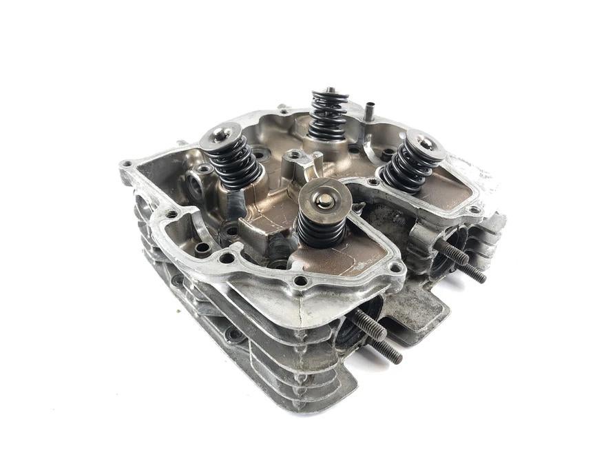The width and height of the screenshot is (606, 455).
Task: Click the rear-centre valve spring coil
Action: pyautogui.click(x=328, y=117)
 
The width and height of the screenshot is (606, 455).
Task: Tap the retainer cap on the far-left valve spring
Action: pyautogui.click(x=220, y=135)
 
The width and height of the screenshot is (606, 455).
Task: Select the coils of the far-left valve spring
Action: pyautogui.click(x=234, y=165)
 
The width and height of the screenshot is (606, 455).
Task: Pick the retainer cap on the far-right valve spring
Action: pyautogui.click(x=421, y=144)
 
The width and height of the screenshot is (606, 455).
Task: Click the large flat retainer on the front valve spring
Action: pyautogui.click(x=324, y=199)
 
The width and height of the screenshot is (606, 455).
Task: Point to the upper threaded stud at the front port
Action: pyautogui.click(x=369, y=325)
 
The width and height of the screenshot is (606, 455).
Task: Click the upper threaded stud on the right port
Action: pyautogui.click(x=454, y=251)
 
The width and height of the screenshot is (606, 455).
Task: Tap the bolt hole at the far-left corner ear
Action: pyautogui.click(x=127, y=165)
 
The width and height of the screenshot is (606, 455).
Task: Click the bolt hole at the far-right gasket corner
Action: pyautogui.click(x=474, y=210)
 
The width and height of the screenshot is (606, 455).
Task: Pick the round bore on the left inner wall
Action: pyautogui.click(x=194, y=184)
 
